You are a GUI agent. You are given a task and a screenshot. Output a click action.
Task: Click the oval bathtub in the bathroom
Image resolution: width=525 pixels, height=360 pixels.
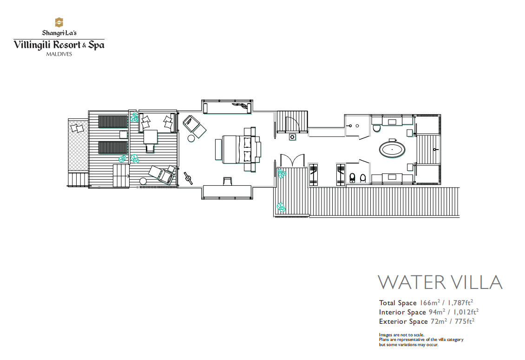click(x=392, y=150)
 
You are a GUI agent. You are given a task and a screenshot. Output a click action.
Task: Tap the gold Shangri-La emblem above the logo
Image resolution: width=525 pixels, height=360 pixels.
click(x=59, y=22)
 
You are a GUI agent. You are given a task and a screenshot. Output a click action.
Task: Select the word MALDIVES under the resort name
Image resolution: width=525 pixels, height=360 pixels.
click(x=59, y=54)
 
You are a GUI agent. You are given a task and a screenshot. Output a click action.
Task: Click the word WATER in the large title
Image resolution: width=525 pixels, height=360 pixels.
click(x=412, y=282)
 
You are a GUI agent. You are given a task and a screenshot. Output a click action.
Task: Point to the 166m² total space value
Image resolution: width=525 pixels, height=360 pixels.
click(x=430, y=303)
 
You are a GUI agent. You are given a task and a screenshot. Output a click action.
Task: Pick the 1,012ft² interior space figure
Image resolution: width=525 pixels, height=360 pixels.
click(x=466, y=312)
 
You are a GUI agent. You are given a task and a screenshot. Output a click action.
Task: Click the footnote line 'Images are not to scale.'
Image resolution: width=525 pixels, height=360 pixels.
click(x=401, y=335)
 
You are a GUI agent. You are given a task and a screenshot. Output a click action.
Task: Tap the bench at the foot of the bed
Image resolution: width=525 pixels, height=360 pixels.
click(x=218, y=150)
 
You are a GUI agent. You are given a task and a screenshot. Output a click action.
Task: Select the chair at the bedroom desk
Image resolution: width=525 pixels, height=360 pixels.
click(x=227, y=181)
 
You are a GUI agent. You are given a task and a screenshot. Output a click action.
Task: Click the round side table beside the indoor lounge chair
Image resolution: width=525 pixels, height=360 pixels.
click(x=191, y=138)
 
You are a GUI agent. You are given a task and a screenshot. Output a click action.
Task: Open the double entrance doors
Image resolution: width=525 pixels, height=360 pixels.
click(x=292, y=160)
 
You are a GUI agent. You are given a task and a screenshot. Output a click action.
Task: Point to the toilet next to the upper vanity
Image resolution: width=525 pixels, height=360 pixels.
click(x=376, y=128)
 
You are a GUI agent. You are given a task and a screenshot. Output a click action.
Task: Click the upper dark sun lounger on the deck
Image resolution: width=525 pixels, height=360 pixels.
click(x=113, y=122)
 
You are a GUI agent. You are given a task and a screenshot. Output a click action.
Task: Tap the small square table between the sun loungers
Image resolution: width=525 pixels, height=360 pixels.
click(x=124, y=134)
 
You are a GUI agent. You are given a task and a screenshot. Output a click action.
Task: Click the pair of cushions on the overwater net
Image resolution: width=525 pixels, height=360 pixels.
click(x=77, y=128)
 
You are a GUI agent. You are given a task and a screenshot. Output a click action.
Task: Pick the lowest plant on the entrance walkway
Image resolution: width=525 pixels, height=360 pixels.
click(x=281, y=207)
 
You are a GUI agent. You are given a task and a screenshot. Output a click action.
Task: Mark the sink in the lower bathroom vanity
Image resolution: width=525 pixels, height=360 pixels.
click(x=392, y=177)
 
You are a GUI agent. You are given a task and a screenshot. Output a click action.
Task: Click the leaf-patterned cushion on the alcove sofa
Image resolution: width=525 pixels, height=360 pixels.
click(x=241, y=106)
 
